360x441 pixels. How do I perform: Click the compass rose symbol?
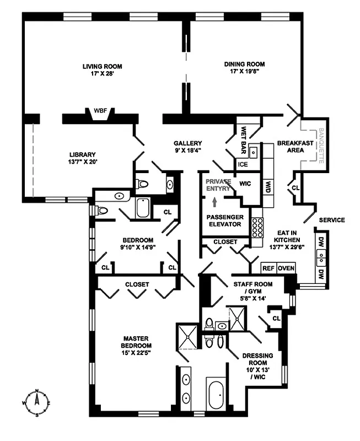click(37, 404)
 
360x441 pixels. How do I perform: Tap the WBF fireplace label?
click(100, 111)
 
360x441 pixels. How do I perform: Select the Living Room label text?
click(102, 67)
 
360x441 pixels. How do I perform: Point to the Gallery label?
click(186, 142)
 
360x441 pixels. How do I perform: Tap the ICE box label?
click(243, 164)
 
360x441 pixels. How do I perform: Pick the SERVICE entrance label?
click(331, 220)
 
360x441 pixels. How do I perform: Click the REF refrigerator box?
click(268, 268)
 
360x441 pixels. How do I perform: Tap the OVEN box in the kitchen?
click(286, 268)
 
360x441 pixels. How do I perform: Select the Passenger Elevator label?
click(223, 220)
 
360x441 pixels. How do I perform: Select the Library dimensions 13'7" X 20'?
click(83, 162)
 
